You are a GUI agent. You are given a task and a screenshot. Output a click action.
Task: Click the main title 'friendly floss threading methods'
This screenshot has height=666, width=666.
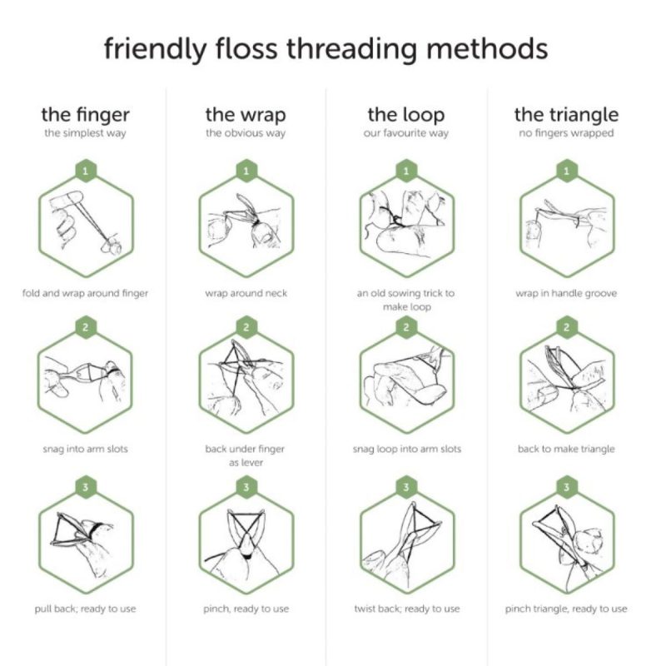point(326,47)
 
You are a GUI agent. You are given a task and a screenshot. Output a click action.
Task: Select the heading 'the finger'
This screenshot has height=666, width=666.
point(86,114)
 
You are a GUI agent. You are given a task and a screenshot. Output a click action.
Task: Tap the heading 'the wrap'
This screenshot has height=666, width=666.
point(246,114)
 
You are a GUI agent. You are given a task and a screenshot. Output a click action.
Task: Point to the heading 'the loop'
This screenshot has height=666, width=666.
point(405,114)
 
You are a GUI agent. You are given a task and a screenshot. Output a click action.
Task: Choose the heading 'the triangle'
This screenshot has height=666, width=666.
point(566,114)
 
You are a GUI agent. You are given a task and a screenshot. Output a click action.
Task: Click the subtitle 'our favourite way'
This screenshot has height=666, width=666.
point(405,133)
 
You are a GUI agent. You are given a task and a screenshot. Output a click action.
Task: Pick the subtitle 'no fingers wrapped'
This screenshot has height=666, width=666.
point(566,133)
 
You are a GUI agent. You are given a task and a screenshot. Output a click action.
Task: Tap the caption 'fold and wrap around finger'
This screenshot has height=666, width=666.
point(86,293)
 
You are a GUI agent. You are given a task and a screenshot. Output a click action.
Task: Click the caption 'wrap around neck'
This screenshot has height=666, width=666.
point(246,293)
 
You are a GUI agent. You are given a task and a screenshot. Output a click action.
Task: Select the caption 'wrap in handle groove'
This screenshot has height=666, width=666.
point(566,293)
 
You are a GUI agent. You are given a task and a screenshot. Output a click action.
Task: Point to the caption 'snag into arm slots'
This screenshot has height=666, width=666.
point(86,449)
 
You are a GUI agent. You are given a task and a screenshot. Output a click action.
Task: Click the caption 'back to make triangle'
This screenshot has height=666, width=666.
point(566,449)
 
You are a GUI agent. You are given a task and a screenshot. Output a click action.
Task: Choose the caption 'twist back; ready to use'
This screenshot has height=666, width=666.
point(405,609)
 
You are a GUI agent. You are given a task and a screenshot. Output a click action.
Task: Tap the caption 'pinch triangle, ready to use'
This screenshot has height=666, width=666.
point(566,609)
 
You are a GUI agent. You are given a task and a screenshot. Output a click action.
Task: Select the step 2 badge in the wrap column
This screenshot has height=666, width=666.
point(246,327)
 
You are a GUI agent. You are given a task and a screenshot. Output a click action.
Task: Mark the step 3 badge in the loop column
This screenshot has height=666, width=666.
point(405,486)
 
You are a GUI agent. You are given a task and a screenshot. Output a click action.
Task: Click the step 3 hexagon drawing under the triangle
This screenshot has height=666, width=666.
point(566,541)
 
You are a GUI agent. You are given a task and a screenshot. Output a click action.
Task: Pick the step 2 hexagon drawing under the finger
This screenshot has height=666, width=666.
point(86,381)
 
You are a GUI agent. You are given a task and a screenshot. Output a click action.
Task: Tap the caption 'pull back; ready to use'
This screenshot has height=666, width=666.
point(86,609)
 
